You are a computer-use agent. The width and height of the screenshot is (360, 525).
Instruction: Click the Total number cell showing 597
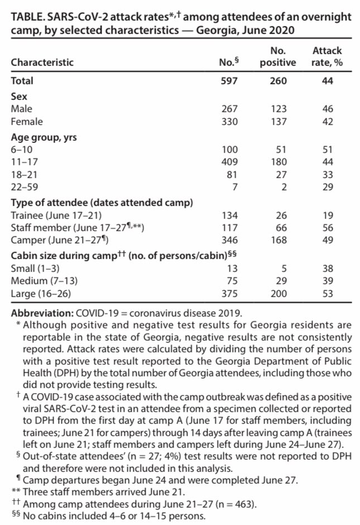click(229, 81)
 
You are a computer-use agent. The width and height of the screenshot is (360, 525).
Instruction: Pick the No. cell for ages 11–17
click(229, 161)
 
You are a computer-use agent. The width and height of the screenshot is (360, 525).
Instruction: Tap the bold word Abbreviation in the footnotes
click(37, 313)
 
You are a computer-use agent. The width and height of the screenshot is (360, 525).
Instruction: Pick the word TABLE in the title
click(26, 17)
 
